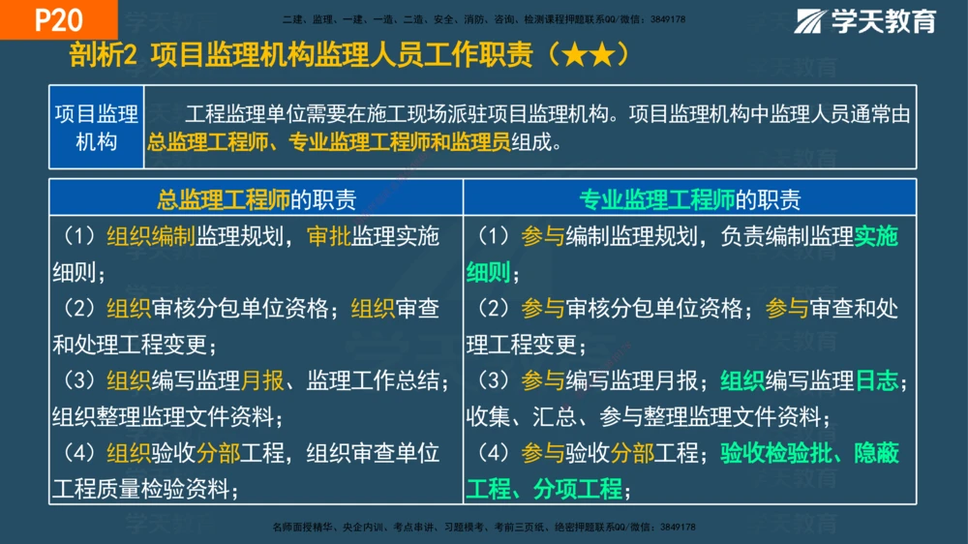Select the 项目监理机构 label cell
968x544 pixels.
[96, 128]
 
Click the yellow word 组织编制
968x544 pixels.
[151, 237]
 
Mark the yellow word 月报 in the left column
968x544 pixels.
[262, 381]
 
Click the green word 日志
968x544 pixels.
[877, 381]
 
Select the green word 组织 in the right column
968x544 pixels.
[742, 381]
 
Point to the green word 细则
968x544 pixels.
[489, 274]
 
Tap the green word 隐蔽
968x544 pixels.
[877, 453]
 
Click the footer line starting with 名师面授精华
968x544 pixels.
[484, 528]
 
